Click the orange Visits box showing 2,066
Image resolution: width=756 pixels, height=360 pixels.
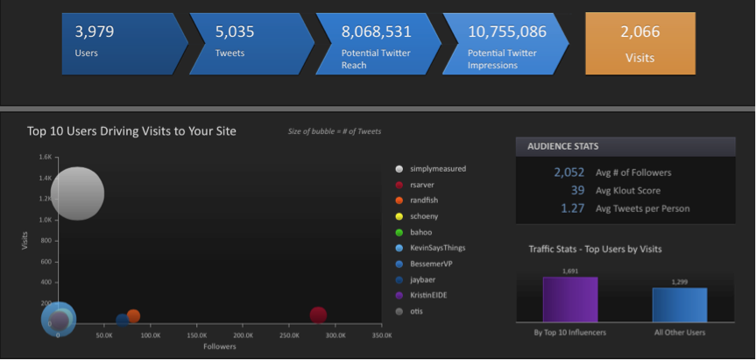(x=639, y=44)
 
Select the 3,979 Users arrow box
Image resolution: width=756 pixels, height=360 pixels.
(x=125, y=44)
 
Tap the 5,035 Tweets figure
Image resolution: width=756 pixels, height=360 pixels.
(x=234, y=32)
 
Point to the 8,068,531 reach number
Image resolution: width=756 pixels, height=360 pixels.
(x=376, y=32)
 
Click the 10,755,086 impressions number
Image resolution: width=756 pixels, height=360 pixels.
(x=507, y=32)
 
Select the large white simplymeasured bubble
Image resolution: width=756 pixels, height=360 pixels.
(x=77, y=194)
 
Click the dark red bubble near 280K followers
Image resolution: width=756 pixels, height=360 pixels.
(x=318, y=315)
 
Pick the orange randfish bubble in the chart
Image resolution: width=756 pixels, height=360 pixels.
(x=133, y=316)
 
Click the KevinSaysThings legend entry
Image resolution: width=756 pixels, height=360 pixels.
(x=430, y=248)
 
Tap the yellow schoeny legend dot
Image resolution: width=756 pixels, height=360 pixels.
(x=399, y=216)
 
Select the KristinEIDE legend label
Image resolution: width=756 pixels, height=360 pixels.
(x=428, y=295)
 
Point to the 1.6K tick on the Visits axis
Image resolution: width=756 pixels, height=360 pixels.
(x=45, y=157)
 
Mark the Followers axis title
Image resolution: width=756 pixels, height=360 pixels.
(x=219, y=346)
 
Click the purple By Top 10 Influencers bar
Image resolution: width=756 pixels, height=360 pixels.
(x=570, y=300)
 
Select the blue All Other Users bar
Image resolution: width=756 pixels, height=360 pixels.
(x=680, y=305)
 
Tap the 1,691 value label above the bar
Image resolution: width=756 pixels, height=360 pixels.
(x=570, y=271)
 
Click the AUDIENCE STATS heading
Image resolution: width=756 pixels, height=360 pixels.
(x=563, y=146)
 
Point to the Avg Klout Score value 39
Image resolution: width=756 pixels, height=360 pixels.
(x=577, y=190)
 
